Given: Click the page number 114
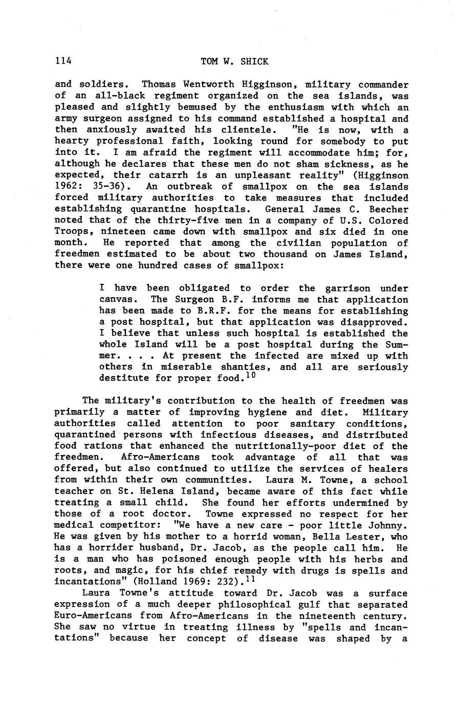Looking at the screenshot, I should pos(63,61).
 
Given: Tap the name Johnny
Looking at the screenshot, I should pos(388,525).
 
